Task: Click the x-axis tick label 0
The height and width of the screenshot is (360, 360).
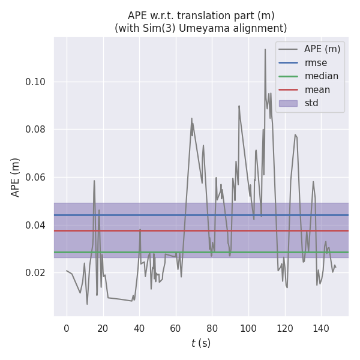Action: (67, 328)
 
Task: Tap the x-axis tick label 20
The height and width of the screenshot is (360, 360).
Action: (103, 328)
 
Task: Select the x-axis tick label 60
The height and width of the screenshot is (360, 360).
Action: (176, 328)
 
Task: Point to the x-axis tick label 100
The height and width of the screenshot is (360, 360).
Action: (248, 328)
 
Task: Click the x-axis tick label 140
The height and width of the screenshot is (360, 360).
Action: (321, 328)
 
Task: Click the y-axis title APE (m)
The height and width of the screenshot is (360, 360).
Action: (16, 177)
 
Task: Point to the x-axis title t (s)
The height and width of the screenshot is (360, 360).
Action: (201, 343)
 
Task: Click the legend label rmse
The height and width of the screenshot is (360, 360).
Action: (316, 62)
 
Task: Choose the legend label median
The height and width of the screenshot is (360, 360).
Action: (321, 76)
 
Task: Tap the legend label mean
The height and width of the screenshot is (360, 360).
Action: (317, 90)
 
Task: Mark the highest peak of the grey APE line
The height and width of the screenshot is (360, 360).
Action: (265, 49)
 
